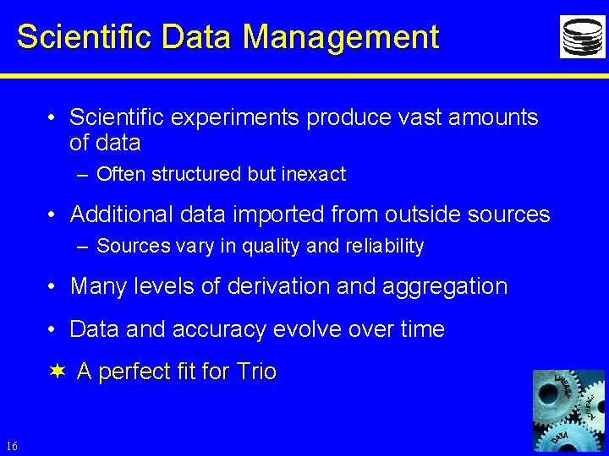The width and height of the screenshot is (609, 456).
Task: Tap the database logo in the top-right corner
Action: (x=582, y=37)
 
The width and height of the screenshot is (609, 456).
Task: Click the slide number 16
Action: (x=11, y=446)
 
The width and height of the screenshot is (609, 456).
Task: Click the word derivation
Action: (x=277, y=286)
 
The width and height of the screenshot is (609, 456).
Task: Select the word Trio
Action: (x=257, y=372)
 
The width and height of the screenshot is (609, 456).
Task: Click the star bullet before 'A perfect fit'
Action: (x=57, y=372)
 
